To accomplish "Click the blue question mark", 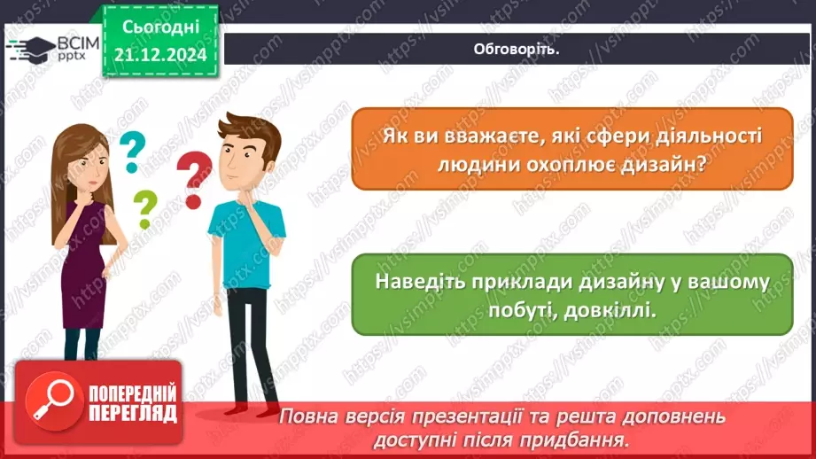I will click(132, 151).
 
